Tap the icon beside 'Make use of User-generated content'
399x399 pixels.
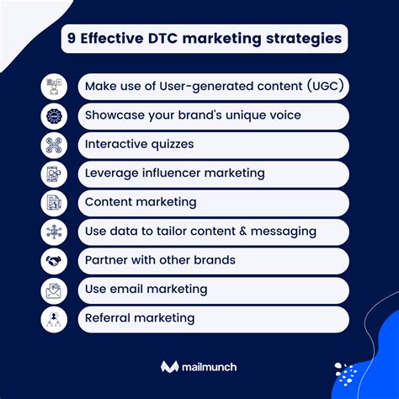[53, 87]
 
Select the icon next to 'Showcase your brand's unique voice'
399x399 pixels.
[53, 116]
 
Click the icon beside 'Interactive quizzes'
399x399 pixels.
[53, 145]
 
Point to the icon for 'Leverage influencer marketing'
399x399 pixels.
[53, 173]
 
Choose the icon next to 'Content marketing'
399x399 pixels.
[53, 203]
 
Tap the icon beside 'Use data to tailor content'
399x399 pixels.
[53, 231]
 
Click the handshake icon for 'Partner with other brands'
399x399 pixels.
[53, 261]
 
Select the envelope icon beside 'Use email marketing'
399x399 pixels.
[53, 290]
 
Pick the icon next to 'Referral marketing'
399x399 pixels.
[53, 319]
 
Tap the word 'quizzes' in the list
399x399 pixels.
[168, 145]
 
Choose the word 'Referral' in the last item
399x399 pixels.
[109, 318]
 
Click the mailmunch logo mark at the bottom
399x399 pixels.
[169, 367]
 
